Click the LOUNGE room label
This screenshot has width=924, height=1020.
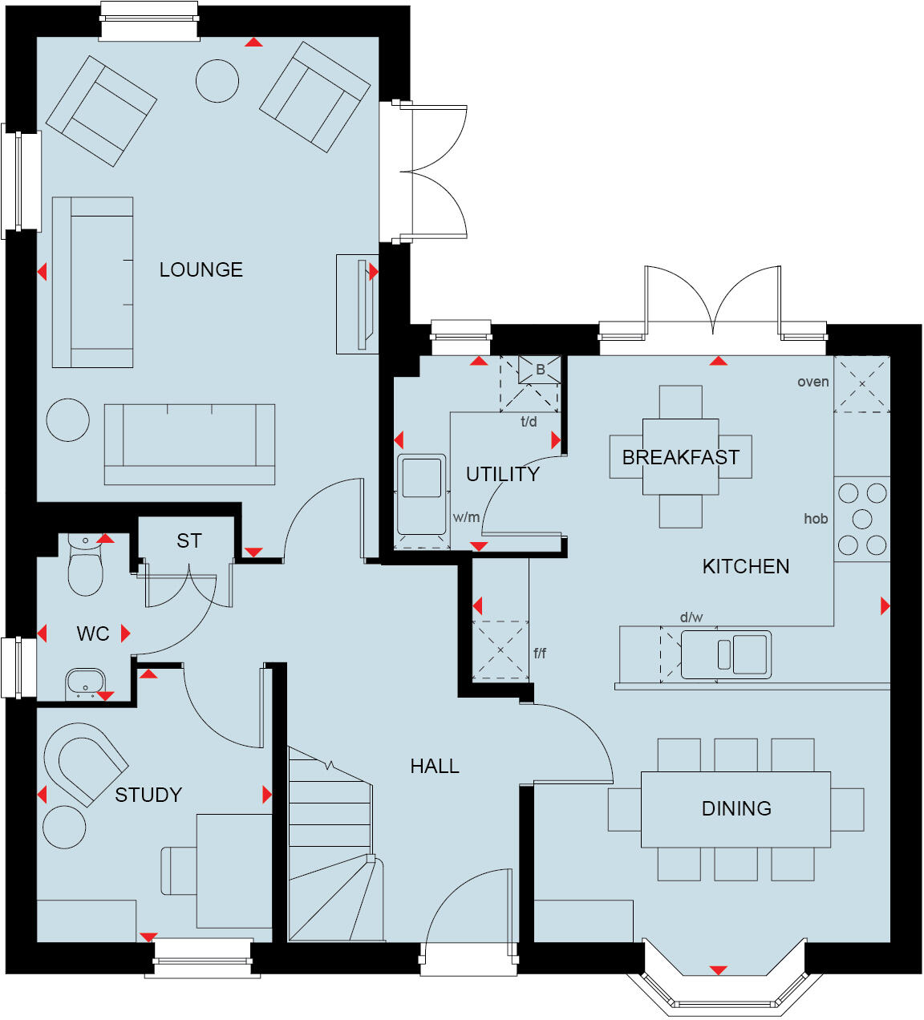[201, 269]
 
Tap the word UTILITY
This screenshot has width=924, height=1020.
[503, 474]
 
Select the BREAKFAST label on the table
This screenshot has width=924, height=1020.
[680, 457]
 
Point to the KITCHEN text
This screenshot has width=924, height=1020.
[746, 566]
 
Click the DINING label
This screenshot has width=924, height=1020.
[736, 808]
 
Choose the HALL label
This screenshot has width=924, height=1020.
[435, 767]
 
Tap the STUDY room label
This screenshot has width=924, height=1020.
[148, 795]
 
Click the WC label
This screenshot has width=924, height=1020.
[92, 633]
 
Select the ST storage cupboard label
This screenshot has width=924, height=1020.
[189, 541]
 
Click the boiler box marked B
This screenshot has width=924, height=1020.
[540, 370]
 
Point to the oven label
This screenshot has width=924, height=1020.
[813, 382]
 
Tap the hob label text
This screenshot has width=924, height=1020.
[816, 519]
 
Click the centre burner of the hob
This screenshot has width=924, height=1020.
[862, 519]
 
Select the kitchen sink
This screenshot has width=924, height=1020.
[726, 654]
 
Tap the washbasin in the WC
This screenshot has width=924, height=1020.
[85, 683]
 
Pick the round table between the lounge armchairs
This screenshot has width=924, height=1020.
[217, 81]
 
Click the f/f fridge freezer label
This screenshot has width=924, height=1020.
[540, 654]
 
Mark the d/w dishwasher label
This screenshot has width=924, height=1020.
[691, 617]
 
